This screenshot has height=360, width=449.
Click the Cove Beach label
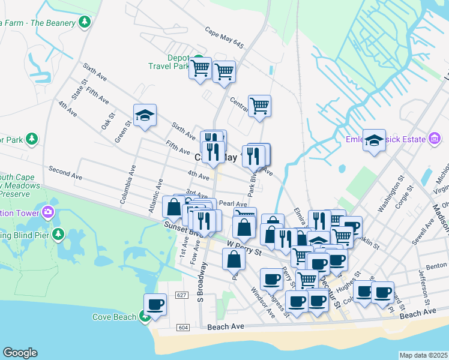point(114,317)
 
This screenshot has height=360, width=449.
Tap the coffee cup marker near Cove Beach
point(155,305)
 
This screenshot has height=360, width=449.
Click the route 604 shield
point(183,328)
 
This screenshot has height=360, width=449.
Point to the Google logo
point(20,353)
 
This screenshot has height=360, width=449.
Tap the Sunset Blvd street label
point(179,228)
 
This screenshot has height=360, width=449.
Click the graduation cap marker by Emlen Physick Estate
point(375,142)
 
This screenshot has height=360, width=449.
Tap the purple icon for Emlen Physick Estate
point(435,139)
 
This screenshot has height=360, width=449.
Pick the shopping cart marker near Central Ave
point(259,106)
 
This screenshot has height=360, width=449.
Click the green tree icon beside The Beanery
point(85,22)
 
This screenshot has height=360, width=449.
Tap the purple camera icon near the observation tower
point(47,212)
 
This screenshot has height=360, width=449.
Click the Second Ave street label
point(65,173)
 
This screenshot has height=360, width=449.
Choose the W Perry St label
point(245,248)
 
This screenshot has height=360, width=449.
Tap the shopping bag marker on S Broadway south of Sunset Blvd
point(234,259)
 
